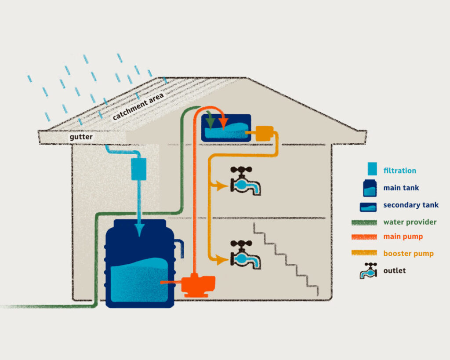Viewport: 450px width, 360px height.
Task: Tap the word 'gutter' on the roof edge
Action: point(81,137)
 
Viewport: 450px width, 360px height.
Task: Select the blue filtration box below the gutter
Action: point(138,169)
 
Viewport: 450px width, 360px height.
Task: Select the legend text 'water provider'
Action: point(410,222)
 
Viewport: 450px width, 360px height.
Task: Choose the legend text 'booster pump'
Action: point(408,253)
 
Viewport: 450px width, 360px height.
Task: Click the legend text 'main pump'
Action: point(403,236)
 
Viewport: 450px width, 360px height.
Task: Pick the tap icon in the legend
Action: point(369,271)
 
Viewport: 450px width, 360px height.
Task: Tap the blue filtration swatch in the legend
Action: point(372,169)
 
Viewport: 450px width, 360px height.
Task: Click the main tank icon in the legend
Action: point(369,188)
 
